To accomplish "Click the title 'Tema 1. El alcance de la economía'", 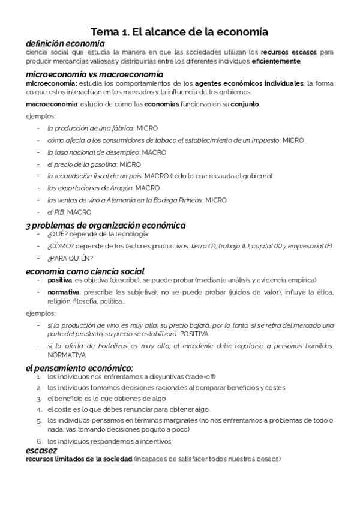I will [179, 32].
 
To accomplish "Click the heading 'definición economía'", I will [65, 44].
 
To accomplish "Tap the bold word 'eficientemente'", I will [277, 61].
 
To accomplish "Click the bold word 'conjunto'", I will [243, 104].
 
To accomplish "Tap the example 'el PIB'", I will [56, 212].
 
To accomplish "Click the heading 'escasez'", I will [41, 450].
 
